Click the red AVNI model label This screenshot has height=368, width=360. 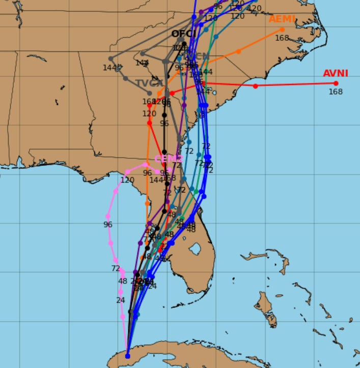pyautogui.click(x=335, y=73)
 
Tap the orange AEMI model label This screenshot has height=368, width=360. pyautogui.click(x=282, y=19)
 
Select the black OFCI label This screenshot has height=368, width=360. pyautogui.click(x=184, y=34)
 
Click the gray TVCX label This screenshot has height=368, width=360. pyautogui.click(x=149, y=83)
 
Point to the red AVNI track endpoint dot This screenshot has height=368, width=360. pyautogui.click(x=336, y=83)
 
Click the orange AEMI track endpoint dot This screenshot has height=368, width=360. pyautogui.click(x=283, y=30)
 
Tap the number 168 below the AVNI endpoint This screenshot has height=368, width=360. pyautogui.click(x=335, y=92)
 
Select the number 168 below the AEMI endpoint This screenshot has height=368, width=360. pyautogui.click(x=282, y=38)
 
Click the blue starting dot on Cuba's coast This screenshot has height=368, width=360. pyautogui.click(x=127, y=356)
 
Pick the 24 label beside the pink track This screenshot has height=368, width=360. pyautogui.click(x=120, y=300)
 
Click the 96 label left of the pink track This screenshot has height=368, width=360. pyautogui.click(x=107, y=224)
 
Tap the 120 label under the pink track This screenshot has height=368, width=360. pyautogui.click(x=127, y=180)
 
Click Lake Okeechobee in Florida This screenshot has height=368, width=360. pyautogui.click(x=195, y=249)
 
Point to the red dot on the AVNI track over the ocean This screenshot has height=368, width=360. pyautogui.click(x=255, y=86)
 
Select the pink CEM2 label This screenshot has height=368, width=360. pyautogui.click(x=168, y=159)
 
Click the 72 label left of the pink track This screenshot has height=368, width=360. pyautogui.click(x=116, y=268)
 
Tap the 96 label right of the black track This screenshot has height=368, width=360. pyautogui.click(x=164, y=123)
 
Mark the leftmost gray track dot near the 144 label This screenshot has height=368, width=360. pyautogui.click(x=110, y=59)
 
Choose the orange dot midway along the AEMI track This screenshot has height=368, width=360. pyautogui.click(x=238, y=51)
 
